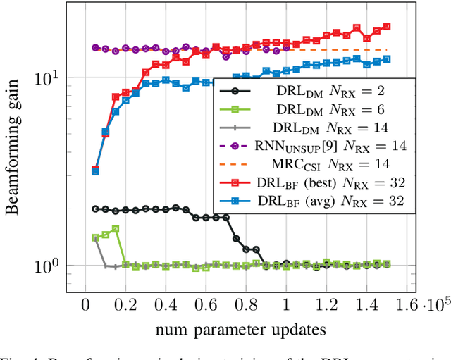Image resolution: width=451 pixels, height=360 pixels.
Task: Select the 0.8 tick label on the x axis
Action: (x=246, y=304)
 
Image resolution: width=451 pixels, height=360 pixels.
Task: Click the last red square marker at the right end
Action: (x=386, y=27)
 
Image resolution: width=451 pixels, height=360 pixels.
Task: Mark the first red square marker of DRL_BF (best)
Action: (x=95, y=170)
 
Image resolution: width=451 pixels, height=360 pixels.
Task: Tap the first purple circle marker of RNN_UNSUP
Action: (x=95, y=48)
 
